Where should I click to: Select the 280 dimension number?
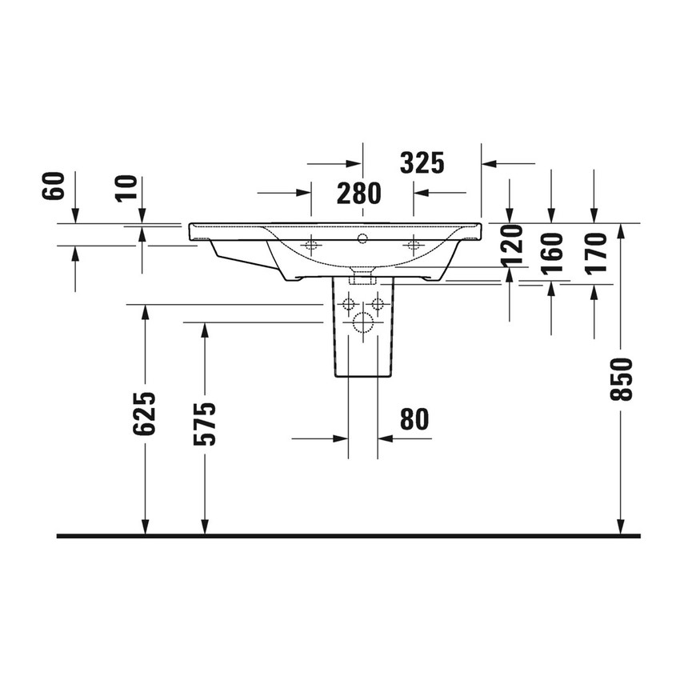pos(358,193)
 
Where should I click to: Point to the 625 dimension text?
pos(144,414)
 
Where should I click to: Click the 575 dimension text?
pos(205,423)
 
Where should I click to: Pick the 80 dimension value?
pos(414,418)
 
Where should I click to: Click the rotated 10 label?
pos(127,188)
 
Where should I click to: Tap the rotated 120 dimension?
pos(512,245)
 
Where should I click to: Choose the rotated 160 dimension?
pos(552,252)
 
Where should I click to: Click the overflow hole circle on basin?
pos(362,238)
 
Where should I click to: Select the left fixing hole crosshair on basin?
pos(310,244)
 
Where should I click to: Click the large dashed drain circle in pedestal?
pos(363,323)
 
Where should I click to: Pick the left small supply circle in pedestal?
pos(347,304)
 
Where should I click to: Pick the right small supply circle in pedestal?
pos(379,304)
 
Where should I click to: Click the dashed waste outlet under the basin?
pos(363,278)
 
